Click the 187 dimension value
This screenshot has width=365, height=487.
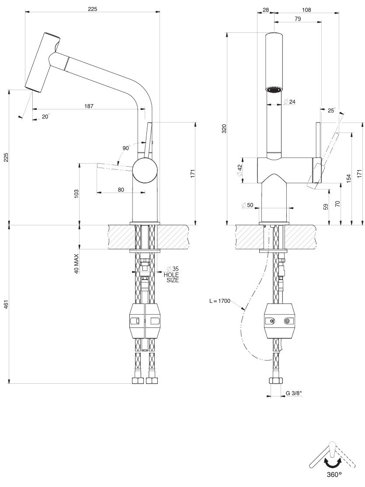pos(89,106)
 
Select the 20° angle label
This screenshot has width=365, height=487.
pos(45,116)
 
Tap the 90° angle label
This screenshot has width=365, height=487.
pos(126,148)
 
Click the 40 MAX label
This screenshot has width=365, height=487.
pos(76,263)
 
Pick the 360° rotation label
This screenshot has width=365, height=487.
pos(334,474)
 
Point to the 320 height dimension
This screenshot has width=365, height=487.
pos(224,128)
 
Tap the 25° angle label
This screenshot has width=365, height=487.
pos(331,111)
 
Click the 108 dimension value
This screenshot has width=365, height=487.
pos(307,9)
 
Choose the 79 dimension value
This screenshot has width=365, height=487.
pos(298,18)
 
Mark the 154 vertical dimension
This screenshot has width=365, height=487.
pos(348,179)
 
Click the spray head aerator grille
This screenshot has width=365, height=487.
pos(275,90)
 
